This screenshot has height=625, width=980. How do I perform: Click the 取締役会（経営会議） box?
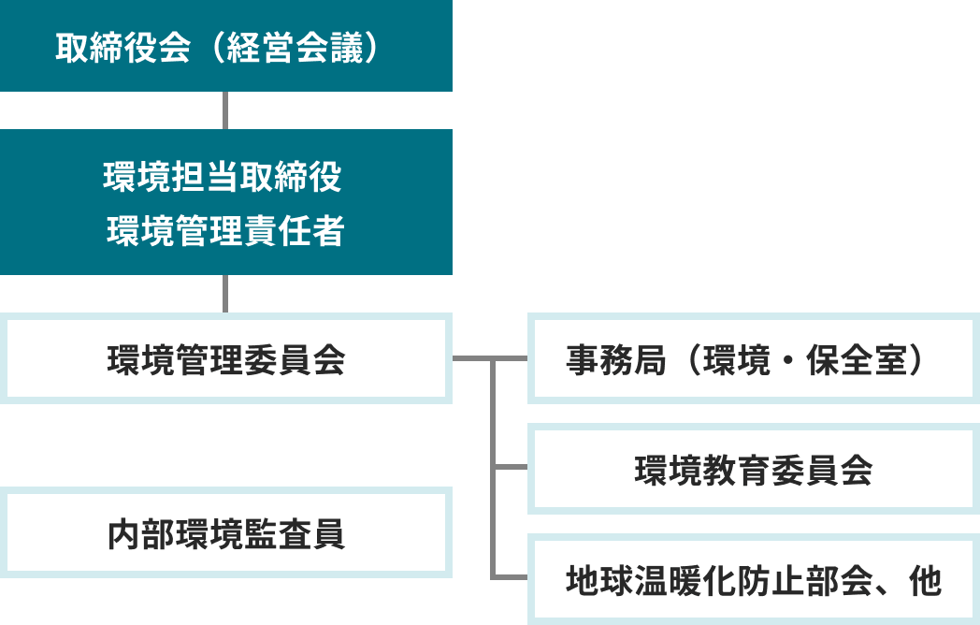[225, 46]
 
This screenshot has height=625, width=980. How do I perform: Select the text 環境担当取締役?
[224, 177]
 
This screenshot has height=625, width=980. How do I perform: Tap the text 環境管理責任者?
[225, 231]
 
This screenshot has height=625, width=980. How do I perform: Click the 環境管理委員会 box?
[226, 359]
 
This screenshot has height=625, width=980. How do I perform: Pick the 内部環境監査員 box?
[226, 533]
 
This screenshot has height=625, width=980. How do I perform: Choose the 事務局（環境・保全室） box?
[753, 359]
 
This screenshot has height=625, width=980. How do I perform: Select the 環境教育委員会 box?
[753, 470]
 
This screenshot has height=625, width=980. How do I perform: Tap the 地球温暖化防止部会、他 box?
[753, 580]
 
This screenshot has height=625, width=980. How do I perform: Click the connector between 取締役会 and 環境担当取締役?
[225, 110]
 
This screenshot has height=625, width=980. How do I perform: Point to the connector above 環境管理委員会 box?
[225, 294]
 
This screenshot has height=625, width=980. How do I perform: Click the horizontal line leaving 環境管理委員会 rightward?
[471, 358]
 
